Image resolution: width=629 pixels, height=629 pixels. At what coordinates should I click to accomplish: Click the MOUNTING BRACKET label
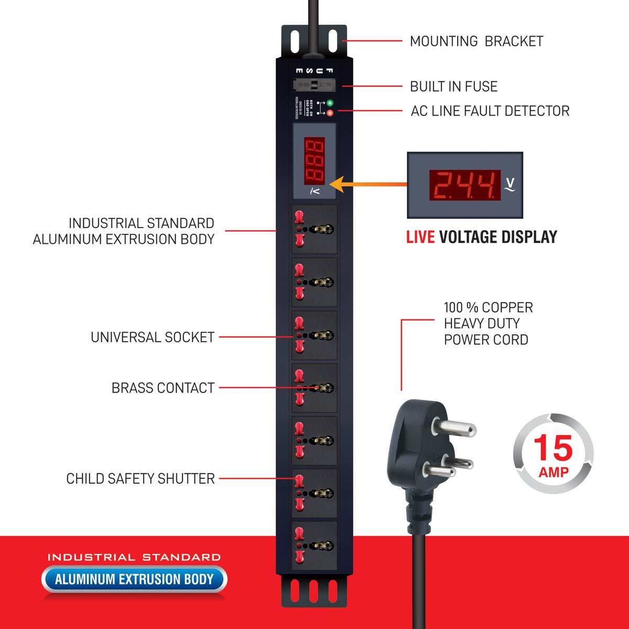pos(476,41)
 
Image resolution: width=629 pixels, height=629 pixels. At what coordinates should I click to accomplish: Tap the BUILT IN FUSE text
pos(453,86)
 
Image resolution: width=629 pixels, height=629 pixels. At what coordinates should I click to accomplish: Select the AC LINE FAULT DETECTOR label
pos(490,111)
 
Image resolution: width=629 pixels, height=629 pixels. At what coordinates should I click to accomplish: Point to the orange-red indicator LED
pos(330,112)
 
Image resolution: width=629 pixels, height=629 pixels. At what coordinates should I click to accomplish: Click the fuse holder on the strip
pos(313,85)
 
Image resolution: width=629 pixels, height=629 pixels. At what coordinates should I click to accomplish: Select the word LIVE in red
pos(420,237)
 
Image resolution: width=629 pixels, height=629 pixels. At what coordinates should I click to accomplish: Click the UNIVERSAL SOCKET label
pos(153,337)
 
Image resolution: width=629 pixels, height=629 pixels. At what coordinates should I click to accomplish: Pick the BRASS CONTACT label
pos(163,388)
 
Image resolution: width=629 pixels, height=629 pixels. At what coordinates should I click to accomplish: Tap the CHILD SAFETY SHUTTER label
pos(140,479)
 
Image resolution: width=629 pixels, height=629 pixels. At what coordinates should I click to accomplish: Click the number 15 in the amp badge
pos(553,448)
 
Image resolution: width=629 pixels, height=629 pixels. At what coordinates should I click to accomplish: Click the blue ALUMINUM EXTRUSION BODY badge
pos(134,579)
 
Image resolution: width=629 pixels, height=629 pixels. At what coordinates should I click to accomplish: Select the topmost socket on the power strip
pos(314,230)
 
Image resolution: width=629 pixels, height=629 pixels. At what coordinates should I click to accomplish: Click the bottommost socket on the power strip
pos(314,546)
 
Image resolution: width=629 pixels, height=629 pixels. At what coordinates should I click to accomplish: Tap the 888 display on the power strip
pos(314,160)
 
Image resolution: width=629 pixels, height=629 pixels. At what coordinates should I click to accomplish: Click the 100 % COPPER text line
pos(488,307)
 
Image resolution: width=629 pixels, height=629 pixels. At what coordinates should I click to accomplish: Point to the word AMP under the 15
pos(554,472)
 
